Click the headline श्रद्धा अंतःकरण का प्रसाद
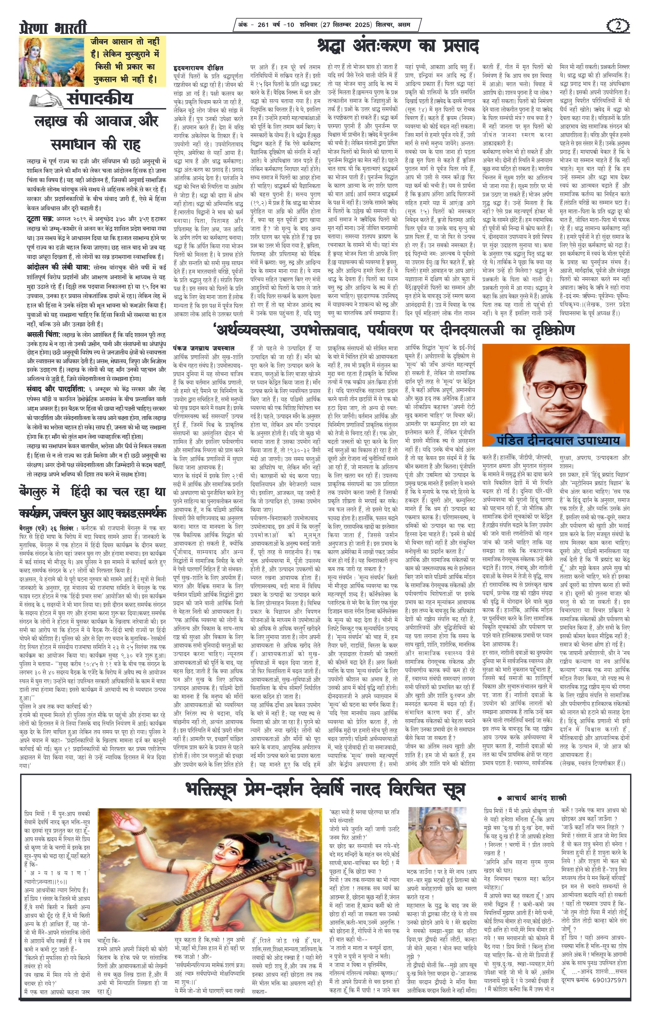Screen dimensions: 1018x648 398,46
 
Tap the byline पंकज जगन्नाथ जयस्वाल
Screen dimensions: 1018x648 204,348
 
